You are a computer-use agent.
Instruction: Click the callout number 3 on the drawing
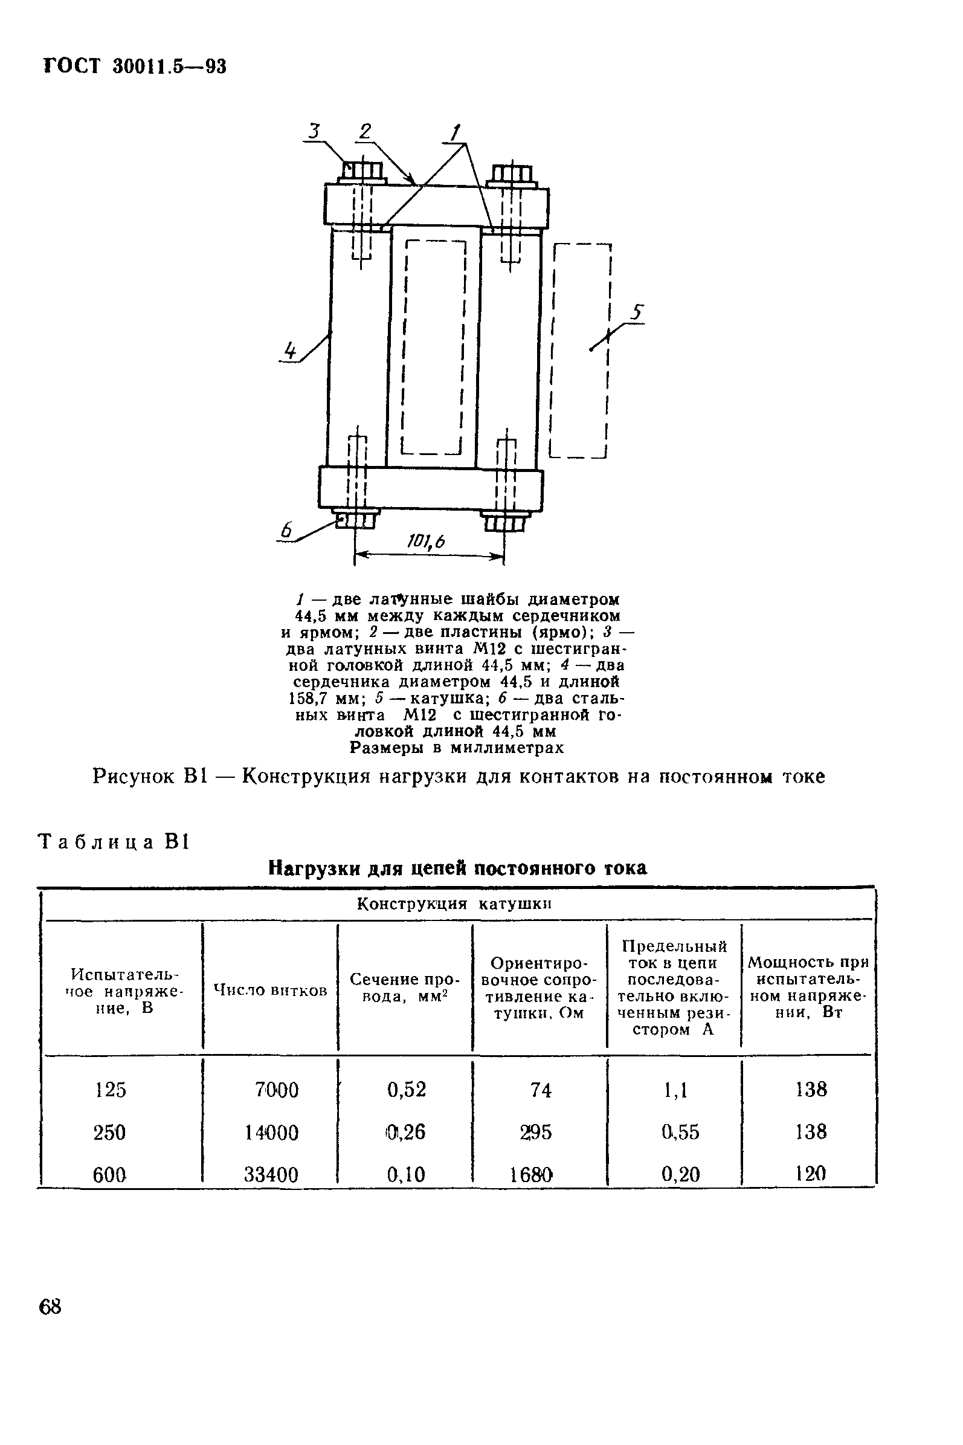[x=314, y=131]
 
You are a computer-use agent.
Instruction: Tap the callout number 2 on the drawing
[x=366, y=131]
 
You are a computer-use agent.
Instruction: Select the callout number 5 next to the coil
[x=637, y=312]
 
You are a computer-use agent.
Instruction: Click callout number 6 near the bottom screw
[x=286, y=530]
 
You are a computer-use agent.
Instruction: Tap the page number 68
[x=50, y=1306]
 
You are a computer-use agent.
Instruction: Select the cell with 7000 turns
[x=276, y=1090]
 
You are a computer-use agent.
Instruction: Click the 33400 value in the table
[x=271, y=1175]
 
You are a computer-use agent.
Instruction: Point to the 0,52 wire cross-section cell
[x=406, y=1089]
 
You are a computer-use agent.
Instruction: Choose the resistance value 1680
[x=531, y=1175]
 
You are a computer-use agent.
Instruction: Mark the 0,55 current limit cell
[x=680, y=1132]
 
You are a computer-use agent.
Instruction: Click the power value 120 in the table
[x=810, y=1174]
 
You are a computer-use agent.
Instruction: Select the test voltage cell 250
[x=109, y=1132]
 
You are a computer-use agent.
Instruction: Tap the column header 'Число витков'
[x=269, y=990]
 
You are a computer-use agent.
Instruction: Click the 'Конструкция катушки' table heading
[x=454, y=904]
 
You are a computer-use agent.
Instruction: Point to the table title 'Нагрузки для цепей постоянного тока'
[x=457, y=868]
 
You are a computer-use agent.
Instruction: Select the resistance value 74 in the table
[x=541, y=1090]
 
